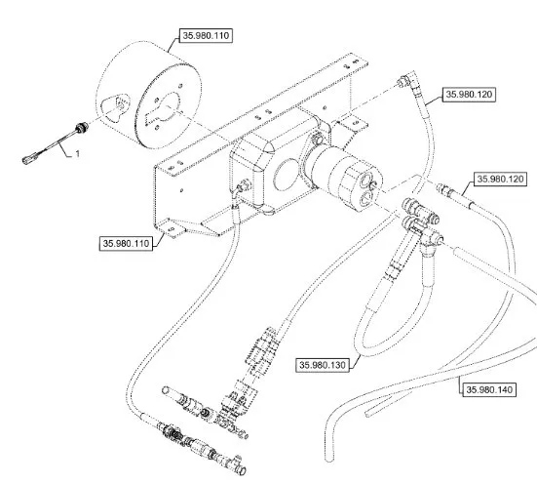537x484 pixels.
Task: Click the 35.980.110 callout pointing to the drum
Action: tap(207, 36)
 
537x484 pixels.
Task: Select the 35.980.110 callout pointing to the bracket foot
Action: tap(126, 244)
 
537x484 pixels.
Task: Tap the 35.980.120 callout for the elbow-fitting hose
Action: tap(469, 95)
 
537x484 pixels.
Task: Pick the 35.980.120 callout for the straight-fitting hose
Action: tap(500, 179)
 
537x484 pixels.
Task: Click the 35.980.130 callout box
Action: tap(323, 365)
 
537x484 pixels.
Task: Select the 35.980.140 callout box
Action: tap(489, 389)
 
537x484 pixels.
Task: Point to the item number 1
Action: tap(78, 153)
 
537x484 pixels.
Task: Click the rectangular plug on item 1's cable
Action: tap(27, 159)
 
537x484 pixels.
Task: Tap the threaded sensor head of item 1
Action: tap(83, 128)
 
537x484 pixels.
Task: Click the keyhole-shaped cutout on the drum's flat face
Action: tap(164, 109)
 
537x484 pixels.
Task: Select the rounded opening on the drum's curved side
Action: tap(116, 106)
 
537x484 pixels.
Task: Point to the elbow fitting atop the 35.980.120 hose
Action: tap(407, 79)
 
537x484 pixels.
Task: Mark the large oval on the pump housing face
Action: tap(288, 175)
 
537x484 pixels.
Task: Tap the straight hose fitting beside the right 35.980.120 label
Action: tap(445, 190)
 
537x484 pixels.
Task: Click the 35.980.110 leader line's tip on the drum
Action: tap(169, 52)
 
